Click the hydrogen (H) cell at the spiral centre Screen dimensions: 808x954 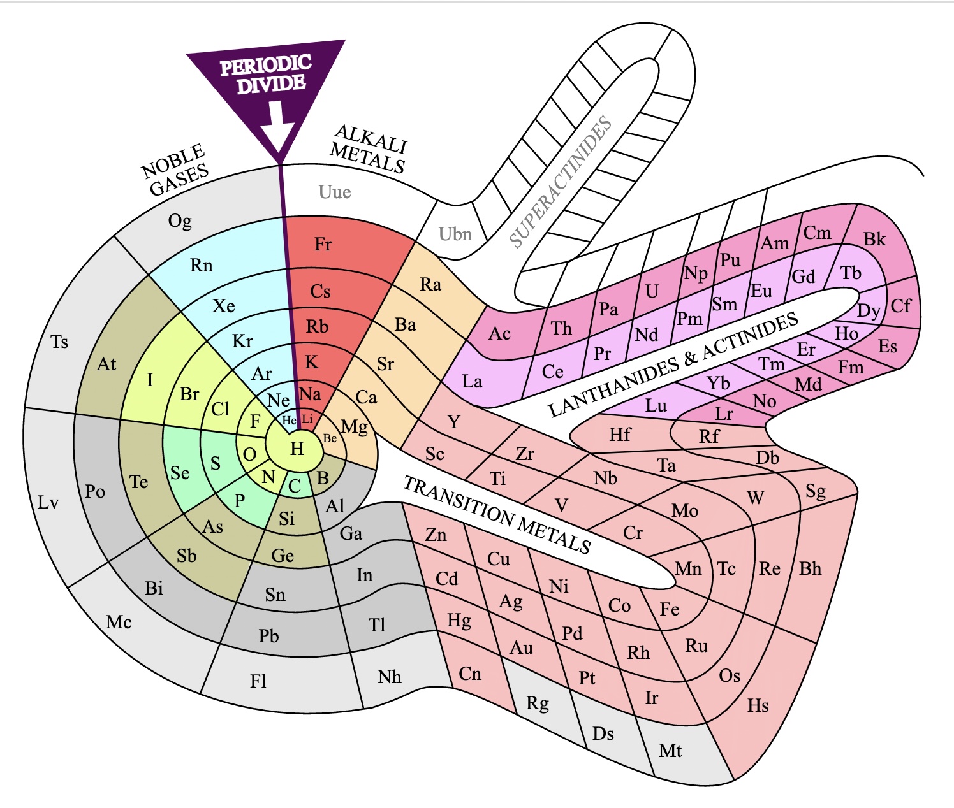[297, 449]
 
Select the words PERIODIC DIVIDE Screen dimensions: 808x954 [266, 75]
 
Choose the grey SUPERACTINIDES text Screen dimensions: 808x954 [561, 182]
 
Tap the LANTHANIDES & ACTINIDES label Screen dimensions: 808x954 [673, 365]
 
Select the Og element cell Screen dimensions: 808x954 [180, 220]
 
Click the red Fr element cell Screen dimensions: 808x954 [323, 244]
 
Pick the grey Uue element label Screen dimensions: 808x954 [335, 192]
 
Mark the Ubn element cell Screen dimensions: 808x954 [455, 234]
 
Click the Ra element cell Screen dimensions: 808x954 [430, 284]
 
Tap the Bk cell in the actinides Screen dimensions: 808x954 [874, 239]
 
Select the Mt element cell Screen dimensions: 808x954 [670, 751]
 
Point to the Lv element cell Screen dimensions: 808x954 [48, 502]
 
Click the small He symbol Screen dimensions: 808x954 [289, 421]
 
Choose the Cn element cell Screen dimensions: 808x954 [470, 674]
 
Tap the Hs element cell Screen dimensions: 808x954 [758, 705]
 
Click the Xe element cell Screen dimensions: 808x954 [224, 306]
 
